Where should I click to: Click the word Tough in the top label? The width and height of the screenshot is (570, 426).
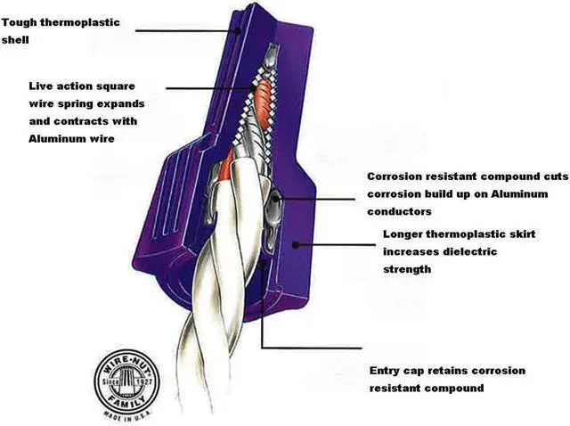pyautogui.click(x=20, y=21)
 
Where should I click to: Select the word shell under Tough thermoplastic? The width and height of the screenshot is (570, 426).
pyautogui.click(x=18, y=39)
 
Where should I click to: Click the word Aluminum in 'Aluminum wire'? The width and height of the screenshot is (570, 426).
pyautogui.click(x=58, y=140)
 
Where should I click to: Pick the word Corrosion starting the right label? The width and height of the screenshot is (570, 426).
pyautogui.click(x=396, y=176)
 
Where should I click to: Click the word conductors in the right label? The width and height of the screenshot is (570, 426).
pyautogui.click(x=401, y=211)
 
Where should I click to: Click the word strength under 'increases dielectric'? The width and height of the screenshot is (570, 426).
pyautogui.click(x=407, y=268)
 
